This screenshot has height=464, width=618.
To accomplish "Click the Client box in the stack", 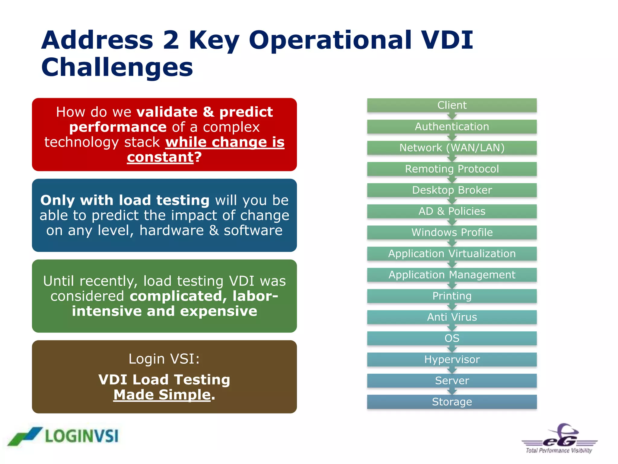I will tap(452, 105).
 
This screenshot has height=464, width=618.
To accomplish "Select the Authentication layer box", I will tap(452, 126).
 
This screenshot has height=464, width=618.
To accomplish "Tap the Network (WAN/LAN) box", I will tap(452, 148).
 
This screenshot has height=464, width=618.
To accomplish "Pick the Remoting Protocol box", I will tap(452, 169).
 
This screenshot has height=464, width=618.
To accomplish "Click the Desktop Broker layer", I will tap(452, 190).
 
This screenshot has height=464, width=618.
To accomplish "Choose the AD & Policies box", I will tap(452, 211).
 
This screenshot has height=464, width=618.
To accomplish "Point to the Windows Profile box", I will tap(452, 232).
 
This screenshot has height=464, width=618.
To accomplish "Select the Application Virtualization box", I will tap(452, 253).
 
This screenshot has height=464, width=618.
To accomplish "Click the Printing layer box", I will tap(452, 296).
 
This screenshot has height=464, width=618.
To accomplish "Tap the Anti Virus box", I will tap(452, 317).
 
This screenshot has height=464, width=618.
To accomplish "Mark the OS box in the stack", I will tap(452, 338).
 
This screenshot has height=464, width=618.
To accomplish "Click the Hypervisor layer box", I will tap(452, 359).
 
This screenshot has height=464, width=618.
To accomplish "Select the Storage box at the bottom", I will tap(452, 402).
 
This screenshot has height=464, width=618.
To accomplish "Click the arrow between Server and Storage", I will tap(452, 391).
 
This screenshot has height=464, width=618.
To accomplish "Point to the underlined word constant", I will tap(160, 157).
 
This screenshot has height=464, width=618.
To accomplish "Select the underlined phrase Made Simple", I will tap(162, 395).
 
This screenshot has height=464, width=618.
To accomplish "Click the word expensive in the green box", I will tap(219, 311).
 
